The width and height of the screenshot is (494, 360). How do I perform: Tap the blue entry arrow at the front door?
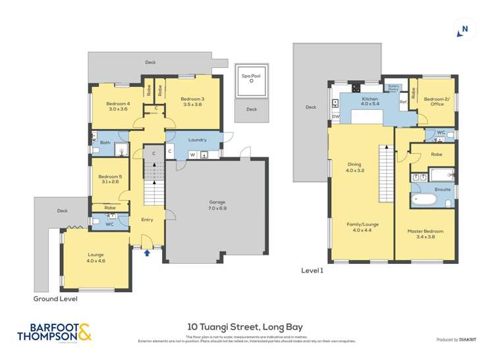[147, 251]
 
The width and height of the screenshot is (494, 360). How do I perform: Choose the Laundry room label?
[197, 140]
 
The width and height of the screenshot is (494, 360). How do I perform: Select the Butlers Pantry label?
[394, 88]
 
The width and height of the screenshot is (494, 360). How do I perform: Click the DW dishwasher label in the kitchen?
[335, 116]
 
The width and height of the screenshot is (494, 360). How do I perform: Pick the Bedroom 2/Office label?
[435, 101]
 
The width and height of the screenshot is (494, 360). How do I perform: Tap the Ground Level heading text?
[55, 298]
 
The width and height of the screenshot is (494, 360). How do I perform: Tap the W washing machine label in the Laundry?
[192, 155]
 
